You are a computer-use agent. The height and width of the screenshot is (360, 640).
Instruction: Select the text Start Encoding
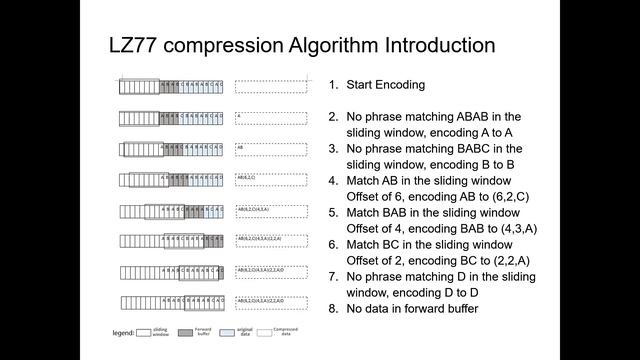tap(386, 85)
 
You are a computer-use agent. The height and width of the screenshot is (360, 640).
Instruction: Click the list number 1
tap(334, 85)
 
